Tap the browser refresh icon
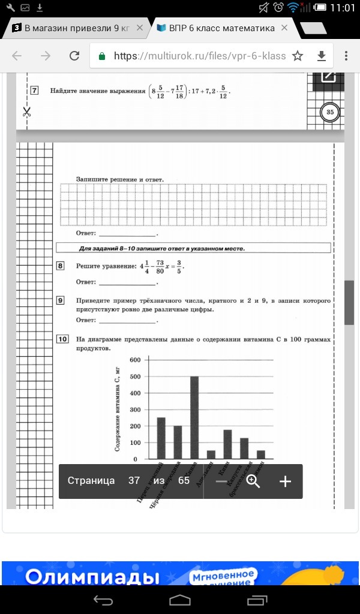74,56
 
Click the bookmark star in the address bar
298,56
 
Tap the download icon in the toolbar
321,56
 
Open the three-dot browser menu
346,56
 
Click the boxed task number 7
34,91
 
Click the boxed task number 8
61,266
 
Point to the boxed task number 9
61,300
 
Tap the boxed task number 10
62,339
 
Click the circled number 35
329,112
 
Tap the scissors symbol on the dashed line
26,112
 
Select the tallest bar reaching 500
194,417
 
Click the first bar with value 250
161,438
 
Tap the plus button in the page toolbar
286,481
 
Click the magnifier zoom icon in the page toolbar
253,481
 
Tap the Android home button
180,600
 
